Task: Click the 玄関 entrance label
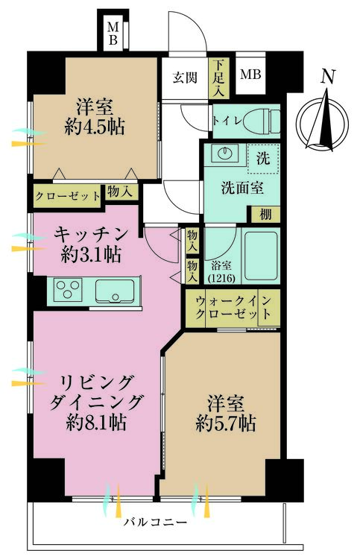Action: click(x=185, y=78)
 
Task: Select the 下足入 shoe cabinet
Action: click(x=219, y=78)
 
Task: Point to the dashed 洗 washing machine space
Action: click(x=263, y=159)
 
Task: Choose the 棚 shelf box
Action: click(x=265, y=215)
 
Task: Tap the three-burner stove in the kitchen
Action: click(x=68, y=288)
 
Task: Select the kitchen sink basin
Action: click(x=115, y=291)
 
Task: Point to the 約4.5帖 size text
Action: click(x=95, y=127)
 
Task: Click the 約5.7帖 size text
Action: click(x=226, y=424)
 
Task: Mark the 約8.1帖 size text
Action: click(x=96, y=423)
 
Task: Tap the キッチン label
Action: click(x=91, y=235)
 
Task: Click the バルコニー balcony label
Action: click(x=156, y=522)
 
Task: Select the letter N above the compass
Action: click(x=328, y=77)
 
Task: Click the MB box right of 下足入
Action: click(x=250, y=74)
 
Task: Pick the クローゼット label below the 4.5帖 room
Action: click(x=68, y=196)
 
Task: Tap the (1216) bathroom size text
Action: click(x=221, y=278)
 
